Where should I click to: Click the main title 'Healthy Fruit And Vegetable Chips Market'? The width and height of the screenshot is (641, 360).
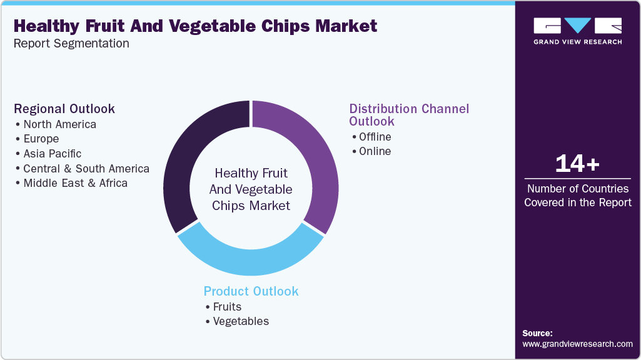(195, 26)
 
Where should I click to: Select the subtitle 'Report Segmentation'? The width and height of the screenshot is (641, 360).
(71, 44)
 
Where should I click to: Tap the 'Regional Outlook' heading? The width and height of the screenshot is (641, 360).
(64, 109)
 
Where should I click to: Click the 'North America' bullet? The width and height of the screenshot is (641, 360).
(59, 124)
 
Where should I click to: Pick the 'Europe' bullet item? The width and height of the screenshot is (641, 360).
(41, 139)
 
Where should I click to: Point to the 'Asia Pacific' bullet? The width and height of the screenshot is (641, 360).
(52, 153)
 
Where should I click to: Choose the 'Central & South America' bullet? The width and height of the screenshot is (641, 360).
(86, 168)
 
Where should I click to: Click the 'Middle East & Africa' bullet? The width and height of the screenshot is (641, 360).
(75, 183)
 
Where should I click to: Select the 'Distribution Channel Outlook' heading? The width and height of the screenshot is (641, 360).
(408, 114)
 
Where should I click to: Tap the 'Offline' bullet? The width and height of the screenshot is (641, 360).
(375, 136)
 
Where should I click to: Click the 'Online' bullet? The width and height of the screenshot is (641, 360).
(375, 151)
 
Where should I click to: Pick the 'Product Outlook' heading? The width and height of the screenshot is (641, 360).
(251, 291)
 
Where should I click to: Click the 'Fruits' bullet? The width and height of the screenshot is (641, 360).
(226, 306)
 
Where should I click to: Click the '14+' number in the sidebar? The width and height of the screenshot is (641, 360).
(577, 164)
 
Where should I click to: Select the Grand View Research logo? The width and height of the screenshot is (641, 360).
(577, 31)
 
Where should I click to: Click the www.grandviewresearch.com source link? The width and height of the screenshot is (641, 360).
(577, 344)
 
